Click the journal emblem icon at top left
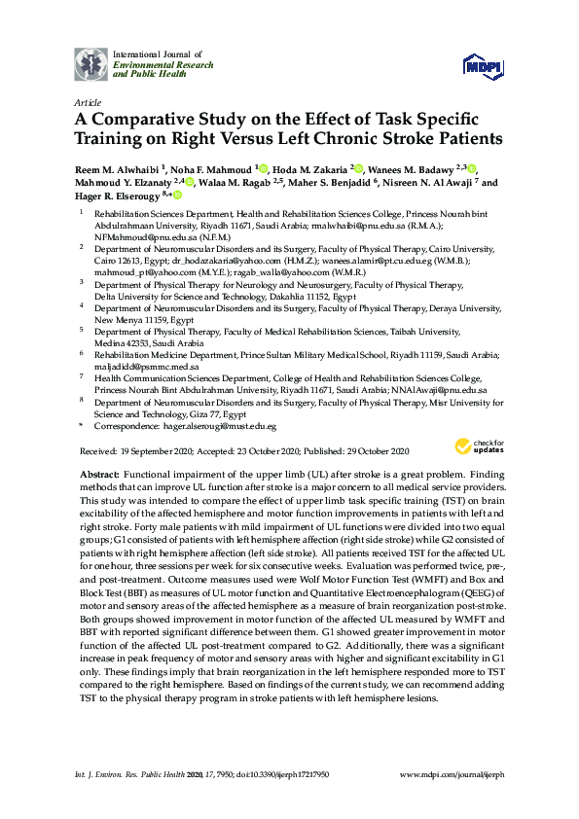pos(91,63)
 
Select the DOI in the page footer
pos(273,776)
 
